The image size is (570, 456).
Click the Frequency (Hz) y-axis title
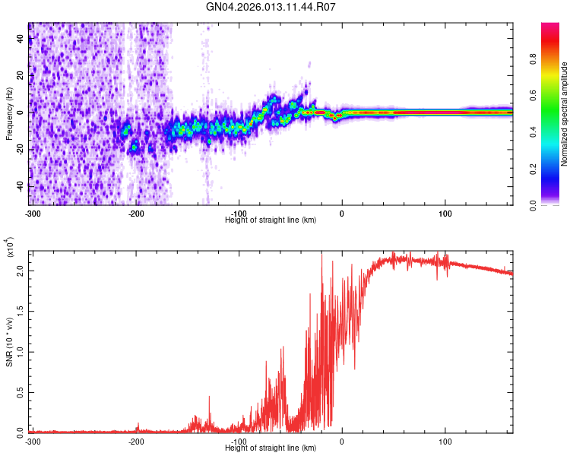[10, 114]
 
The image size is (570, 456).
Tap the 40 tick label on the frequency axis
[21, 40]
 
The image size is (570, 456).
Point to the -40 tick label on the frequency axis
[19, 186]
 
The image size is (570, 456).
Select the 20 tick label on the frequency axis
[21, 76]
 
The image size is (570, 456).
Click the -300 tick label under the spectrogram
[32, 214]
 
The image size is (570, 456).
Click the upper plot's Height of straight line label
[271, 220]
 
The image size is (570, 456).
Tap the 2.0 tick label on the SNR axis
[20, 270]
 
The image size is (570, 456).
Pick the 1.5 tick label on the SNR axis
[20, 310]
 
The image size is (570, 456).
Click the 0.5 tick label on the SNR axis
[20, 391]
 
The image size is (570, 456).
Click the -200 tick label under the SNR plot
[136, 442]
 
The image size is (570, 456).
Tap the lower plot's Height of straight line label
[271, 448]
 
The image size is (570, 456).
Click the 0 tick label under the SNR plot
[341, 442]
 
